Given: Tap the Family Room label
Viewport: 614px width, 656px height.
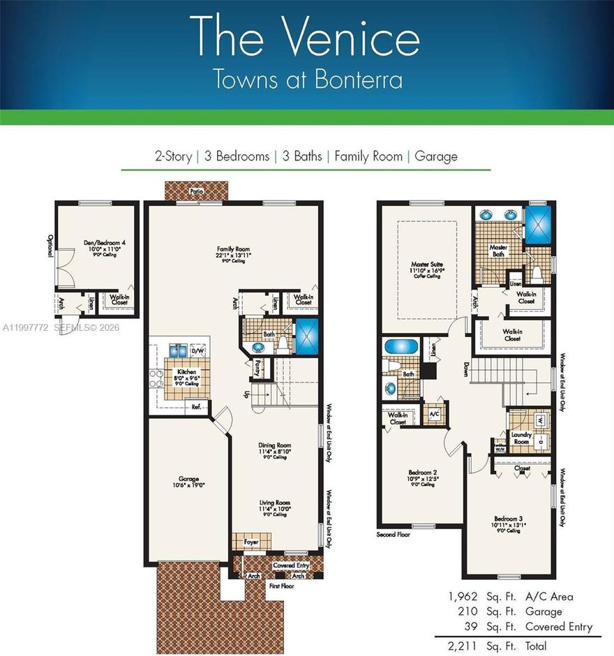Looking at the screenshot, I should click(x=233, y=249).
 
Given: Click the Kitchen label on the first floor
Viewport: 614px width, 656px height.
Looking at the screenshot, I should click(x=187, y=373).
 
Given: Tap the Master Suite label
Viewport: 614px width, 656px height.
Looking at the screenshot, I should click(x=427, y=266).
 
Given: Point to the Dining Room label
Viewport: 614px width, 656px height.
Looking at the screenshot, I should click(x=274, y=445).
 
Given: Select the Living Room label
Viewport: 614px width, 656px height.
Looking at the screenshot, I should click(x=274, y=503).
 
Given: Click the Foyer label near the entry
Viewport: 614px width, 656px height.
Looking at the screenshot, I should click(x=250, y=541).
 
